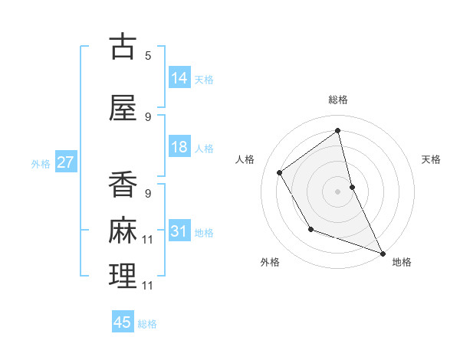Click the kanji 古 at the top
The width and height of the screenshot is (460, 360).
click(123, 47)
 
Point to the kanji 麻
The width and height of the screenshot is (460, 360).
click(123, 231)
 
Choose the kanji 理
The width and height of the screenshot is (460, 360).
click(123, 276)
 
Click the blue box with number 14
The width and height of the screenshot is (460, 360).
click(179, 77)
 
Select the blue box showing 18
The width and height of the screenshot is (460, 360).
click(179, 147)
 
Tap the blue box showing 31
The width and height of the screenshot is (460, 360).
click(179, 231)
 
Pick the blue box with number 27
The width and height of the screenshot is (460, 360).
click(65, 162)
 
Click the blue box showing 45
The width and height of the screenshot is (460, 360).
click(123, 322)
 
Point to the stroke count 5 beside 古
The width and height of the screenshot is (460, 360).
click(148, 55)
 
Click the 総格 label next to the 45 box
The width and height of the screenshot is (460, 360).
click(147, 324)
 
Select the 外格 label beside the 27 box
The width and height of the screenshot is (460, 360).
click(41, 164)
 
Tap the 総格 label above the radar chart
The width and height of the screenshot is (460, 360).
click(338, 100)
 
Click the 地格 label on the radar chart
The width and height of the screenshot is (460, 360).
click(402, 262)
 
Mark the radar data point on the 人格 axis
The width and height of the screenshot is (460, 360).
click(280, 172)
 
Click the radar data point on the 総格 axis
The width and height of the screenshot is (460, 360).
click(338, 130)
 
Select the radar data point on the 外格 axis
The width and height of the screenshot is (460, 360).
click(310, 229)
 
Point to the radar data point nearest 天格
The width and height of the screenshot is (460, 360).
click(352, 186)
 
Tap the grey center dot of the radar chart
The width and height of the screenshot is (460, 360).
click(338, 191)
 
